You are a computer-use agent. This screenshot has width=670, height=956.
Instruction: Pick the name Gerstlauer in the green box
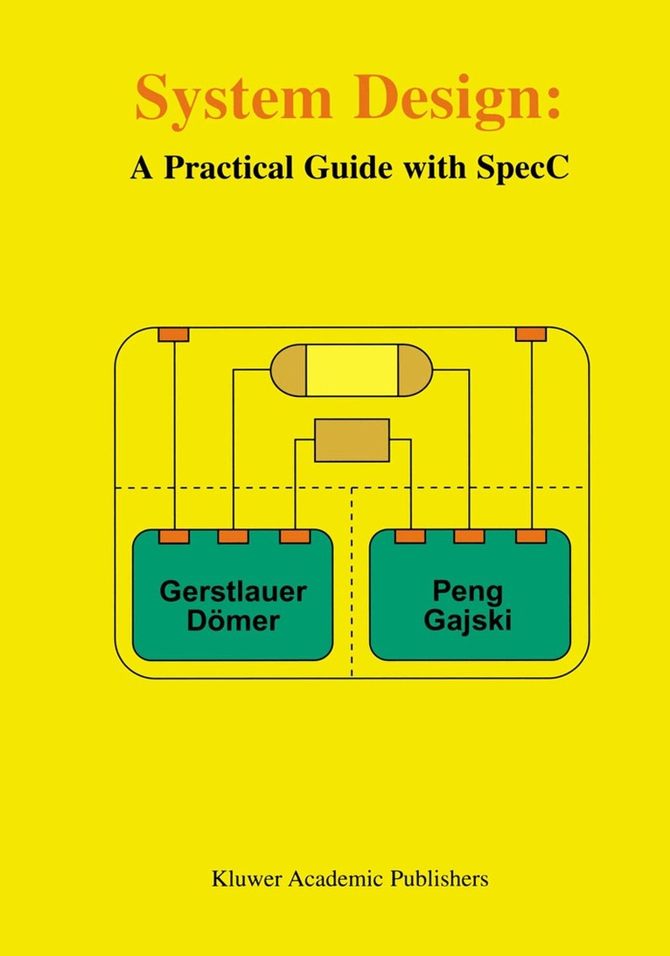point(233,591)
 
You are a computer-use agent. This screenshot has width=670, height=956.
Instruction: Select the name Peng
point(470,592)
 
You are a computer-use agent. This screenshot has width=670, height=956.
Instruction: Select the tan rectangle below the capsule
point(352,440)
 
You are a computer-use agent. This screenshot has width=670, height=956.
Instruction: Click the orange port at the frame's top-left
point(173,334)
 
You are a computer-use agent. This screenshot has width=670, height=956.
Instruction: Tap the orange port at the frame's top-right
point(531,334)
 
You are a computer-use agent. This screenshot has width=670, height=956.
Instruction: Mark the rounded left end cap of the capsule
point(288,370)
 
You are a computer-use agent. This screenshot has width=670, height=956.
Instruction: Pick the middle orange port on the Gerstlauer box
point(233,536)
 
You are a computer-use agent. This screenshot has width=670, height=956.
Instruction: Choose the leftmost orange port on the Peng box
point(409,536)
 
